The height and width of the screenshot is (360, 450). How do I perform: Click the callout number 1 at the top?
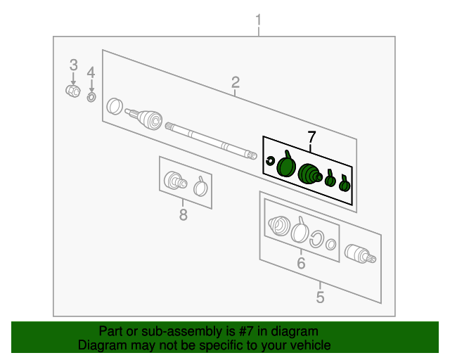258,20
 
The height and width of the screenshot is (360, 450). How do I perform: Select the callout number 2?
236,82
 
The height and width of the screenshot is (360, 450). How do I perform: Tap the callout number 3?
73,65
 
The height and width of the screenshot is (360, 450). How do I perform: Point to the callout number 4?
91,72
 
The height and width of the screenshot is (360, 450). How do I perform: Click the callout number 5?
321,297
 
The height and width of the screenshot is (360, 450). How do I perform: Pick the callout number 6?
301,263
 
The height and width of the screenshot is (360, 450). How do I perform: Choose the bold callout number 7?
311,137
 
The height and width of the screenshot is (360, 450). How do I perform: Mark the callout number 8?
184,214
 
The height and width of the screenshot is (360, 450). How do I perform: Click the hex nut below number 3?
73,91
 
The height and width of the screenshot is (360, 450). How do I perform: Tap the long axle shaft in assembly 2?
211,141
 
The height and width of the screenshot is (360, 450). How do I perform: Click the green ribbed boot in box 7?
310,174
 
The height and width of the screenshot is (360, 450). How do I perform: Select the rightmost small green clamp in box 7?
345,184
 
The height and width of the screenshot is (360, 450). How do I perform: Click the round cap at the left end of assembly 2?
115,106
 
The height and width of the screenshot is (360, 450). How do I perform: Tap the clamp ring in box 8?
200,187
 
